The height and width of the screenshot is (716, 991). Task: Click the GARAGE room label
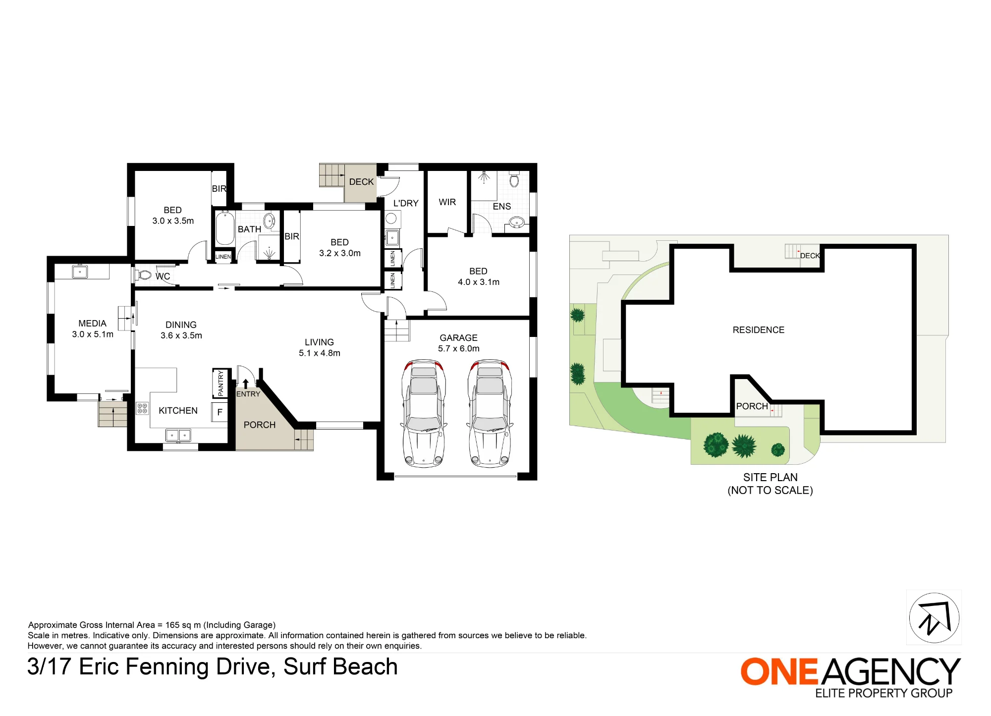pyautogui.click(x=458, y=337)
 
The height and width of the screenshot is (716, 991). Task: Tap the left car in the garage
pyautogui.click(x=424, y=413)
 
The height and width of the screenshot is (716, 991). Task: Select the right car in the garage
pyautogui.click(x=490, y=413)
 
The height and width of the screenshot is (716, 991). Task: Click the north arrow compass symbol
pyautogui.click(x=934, y=617)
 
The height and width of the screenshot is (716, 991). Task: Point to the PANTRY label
pyautogui.click(x=220, y=383)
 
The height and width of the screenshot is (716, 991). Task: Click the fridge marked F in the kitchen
pyautogui.click(x=220, y=412)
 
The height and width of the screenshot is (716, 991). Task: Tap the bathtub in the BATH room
pyautogui.click(x=225, y=228)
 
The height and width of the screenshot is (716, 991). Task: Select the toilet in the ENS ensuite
pyautogui.click(x=514, y=179)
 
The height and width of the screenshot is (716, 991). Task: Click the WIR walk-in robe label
pyautogui.click(x=447, y=202)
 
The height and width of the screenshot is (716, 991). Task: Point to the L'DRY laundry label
pyautogui.click(x=406, y=203)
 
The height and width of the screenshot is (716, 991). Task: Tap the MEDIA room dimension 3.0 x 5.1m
pyautogui.click(x=93, y=334)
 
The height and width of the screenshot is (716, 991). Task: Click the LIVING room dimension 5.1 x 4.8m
pyautogui.click(x=320, y=353)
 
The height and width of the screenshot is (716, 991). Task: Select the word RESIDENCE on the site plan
pyautogui.click(x=759, y=330)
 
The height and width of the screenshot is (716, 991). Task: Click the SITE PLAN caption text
pyautogui.click(x=771, y=477)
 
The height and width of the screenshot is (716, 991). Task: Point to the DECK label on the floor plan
pyautogui.click(x=361, y=182)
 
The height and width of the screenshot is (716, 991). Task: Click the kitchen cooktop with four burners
pyautogui.click(x=142, y=408)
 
